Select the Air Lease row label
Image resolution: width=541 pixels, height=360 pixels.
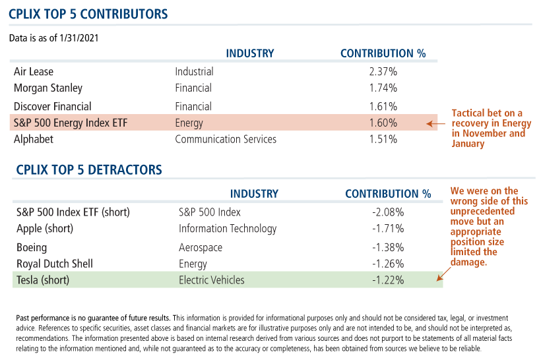(x=34, y=71)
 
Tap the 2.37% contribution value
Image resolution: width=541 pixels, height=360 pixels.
(x=383, y=71)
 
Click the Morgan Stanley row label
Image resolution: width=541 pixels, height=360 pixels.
(x=48, y=88)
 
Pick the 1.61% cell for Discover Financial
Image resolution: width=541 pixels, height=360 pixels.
(x=383, y=106)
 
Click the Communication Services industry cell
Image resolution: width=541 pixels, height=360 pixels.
(x=226, y=139)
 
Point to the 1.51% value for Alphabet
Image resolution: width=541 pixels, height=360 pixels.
(x=383, y=139)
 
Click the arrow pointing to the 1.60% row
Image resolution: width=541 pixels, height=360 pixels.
(x=432, y=123)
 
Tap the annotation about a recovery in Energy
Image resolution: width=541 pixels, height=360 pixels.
(x=488, y=129)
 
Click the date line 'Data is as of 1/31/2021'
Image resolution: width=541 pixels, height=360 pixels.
(x=54, y=38)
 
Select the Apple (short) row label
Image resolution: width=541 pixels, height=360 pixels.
(x=45, y=229)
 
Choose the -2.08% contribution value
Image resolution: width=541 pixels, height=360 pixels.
(x=387, y=212)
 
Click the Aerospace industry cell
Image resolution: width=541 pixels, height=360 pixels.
(x=201, y=248)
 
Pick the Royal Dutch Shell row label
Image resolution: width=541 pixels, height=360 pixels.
(x=55, y=264)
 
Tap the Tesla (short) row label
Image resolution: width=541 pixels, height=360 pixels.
(x=43, y=280)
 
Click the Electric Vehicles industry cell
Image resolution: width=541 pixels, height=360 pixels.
(x=211, y=280)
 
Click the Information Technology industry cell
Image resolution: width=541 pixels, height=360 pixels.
(x=228, y=229)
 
